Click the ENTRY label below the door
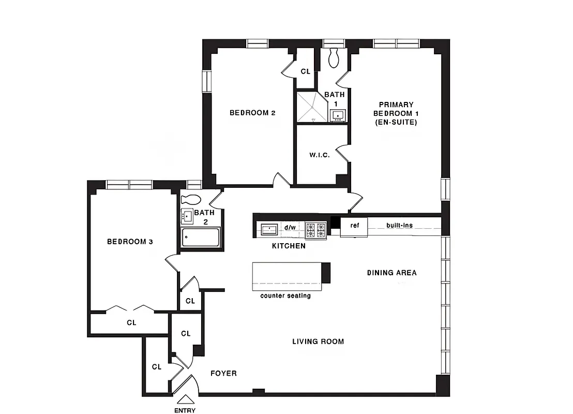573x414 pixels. point(185,411)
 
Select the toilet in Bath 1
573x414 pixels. point(334,57)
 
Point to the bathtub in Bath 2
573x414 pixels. point(201,239)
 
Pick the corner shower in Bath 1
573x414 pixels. point(312,107)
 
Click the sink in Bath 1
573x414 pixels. point(338,115)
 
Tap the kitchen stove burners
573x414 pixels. point(315,228)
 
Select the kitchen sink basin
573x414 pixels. point(269,228)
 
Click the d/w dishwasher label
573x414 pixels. point(290,228)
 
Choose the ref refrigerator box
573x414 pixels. point(354,226)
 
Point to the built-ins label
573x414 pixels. point(399,226)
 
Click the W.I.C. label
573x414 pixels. point(319,155)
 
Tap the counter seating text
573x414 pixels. point(285,296)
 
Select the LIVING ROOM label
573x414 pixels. point(318,342)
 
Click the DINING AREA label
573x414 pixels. point(391,273)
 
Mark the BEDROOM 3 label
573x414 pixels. point(129,242)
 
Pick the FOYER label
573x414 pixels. point(223,373)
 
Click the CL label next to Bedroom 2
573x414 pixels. point(305,71)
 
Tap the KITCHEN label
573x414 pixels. point(289,246)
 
